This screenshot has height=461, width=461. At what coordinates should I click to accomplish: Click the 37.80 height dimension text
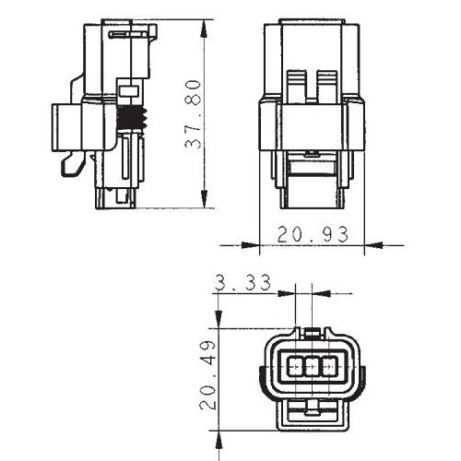pyautogui.click(x=194, y=114)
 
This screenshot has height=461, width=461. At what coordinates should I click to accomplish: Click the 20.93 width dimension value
pyautogui.click(x=313, y=234)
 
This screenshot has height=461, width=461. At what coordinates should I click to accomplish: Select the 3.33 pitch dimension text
pyautogui.click(x=242, y=282)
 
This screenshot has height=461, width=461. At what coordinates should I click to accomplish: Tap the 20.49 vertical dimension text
pyautogui.click(x=207, y=375)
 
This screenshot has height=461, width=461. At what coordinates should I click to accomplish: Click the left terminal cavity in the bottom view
pyautogui.click(x=295, y=366)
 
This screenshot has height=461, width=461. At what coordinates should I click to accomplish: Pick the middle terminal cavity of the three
pyautogui.click(x=312, y=366)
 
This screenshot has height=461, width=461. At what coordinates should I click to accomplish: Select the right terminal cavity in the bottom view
pyautogui.click(x=328, y=366)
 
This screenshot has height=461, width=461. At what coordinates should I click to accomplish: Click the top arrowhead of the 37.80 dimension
pyautogui.click(x=204, y=29)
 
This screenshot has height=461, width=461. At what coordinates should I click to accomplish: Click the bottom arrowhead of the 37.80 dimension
pyautogui.click(x=204, y=199)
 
